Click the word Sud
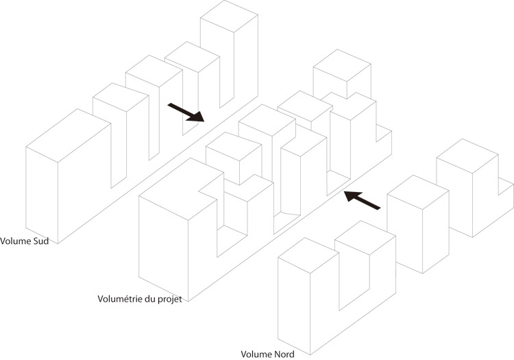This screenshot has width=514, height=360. pyautogui.click(x=41, y=241)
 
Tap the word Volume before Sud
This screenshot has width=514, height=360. pyautogui.click(x=16, y=241)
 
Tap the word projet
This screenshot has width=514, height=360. pyautogui.click(x=170, y=300)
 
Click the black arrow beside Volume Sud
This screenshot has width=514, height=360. pyautogui.click(x=186, y=112)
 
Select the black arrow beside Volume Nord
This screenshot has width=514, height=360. pyautogui.click(x=362, y=200)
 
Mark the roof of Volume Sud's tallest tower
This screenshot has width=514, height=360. pyautogui.click(x=229, y=16)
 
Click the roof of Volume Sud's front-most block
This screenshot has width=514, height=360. pyautogui.click(x=68, y=135)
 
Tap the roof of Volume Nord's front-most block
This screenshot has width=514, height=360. pyautogui.click(x=308, y=255)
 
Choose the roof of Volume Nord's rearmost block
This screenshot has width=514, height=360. pyautogui.click(x=467, y=156)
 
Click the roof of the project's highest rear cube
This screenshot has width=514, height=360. pyautogui.click(x=342, y=65)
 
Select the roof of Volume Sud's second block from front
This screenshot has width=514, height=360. pyautogui.click(x=121, y=97)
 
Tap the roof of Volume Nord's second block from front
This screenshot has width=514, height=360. pyautogui.click(x=365, y=238)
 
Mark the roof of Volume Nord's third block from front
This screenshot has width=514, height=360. pyautogui.click(x=418, y=192)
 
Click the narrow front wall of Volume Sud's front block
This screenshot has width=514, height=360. pyautogui.click(x=42, y=195)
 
